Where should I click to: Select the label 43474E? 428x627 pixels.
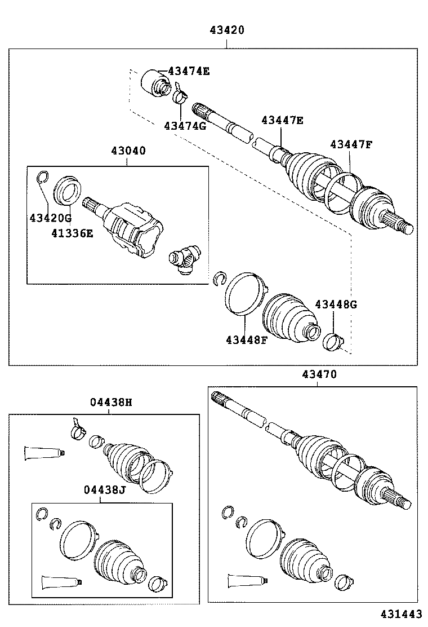(189, 71)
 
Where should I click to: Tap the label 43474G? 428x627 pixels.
(185, 126)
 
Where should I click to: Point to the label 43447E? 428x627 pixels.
(282, 120)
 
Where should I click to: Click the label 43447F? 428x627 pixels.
(351, 144)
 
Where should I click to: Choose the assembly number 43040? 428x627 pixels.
(128, 151)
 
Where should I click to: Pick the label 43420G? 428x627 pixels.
(51, 218)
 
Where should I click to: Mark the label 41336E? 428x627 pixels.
(72, 232)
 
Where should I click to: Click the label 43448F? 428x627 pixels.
(247, 339)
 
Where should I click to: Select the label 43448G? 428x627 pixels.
(336, 304)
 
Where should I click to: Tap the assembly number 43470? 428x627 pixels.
(319, 374)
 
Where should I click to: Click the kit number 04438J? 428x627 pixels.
(104, 489)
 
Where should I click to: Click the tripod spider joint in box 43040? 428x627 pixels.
(184, 261)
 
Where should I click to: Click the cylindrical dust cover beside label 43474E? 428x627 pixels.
(154, 83)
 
